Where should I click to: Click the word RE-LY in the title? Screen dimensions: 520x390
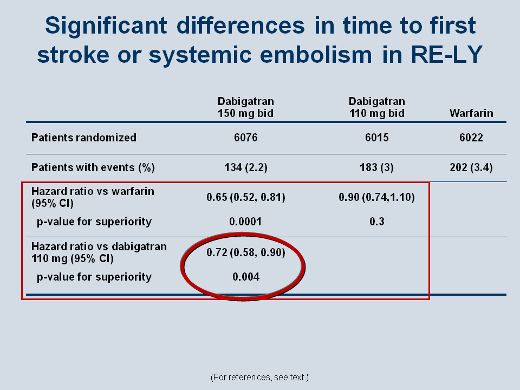tap(446, 54)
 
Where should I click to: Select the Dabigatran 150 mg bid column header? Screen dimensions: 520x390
tap(246, 107)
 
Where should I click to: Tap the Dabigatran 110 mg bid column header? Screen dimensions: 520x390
tap(377, 107)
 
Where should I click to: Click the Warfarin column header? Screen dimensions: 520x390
tap(471, 113)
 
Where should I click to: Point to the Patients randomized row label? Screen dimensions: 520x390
tap(84, 138)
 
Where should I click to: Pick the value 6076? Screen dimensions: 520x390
tap(246, 138)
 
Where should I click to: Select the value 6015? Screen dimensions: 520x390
tap(377, 138)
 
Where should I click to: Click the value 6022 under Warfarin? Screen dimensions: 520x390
tap(471, 138)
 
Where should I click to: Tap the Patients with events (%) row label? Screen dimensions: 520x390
tap(93, 167)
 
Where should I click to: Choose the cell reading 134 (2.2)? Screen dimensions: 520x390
tap(246, 167)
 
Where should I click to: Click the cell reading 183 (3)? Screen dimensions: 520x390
tap(377, 167)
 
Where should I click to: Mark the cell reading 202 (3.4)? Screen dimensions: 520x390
tap(471, 167)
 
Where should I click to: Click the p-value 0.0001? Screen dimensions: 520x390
tap(245, 222)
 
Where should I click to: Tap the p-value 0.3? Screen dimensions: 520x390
tap(377, 222)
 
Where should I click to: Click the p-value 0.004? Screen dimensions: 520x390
tap(246, 277)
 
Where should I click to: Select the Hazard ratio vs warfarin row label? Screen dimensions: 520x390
tap(93, 197)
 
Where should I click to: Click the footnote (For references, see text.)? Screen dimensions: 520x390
tap(259, 378)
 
